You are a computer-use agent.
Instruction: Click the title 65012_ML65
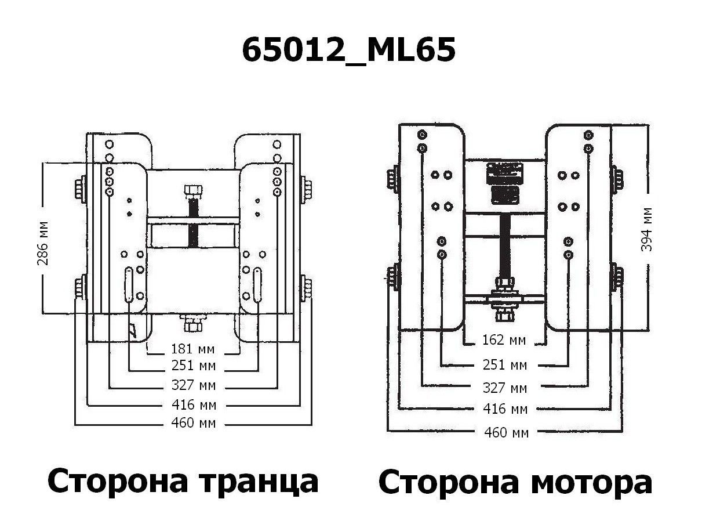(x=348, y=51)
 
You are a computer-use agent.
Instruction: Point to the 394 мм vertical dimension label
(x=648, y=229)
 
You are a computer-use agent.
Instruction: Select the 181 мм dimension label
(x=193, y=349)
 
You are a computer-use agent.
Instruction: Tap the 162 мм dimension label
(x=504, y=339)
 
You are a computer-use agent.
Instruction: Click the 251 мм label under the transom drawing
(x=193, y=366)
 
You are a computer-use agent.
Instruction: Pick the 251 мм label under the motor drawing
(x=504, y=365)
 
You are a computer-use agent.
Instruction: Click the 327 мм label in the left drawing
(x=193, y=386)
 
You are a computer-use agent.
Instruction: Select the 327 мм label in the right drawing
(x=504, y=388)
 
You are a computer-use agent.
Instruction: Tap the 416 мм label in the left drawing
(x=193, y=404)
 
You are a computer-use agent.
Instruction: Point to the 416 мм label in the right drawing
(x=504, y=409)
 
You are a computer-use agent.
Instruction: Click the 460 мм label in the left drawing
(x=193, y=424)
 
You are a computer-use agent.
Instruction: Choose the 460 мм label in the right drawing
(x=504, y=432)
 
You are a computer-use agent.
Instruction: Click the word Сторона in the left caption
(x=117, y=481)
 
